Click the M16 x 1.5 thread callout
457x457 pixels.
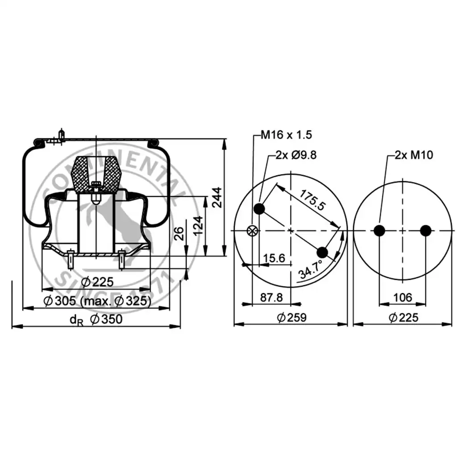pos(286,135)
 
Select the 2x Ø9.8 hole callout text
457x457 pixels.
pos(296,155)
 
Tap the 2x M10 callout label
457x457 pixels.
pos(414,155)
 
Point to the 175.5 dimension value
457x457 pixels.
pos(312,200)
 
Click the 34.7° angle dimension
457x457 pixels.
pos(311,269)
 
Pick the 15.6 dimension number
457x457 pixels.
pos(274,258)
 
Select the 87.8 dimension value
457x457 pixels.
pos(271,297)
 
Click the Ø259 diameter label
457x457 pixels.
pos(292,317)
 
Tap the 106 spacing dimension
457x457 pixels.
pos(403,297)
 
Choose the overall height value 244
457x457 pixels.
pos(217,197)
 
